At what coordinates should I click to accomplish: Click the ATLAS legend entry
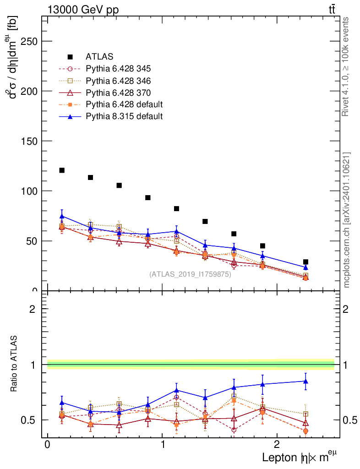tap(99, 57)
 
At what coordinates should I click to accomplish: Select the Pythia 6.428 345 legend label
tap(118, 69)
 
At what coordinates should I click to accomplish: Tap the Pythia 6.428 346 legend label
tap(118, 81)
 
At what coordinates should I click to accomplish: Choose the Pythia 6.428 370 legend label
tap(118, 93)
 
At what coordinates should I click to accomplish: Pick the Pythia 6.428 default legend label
tap(124, 105)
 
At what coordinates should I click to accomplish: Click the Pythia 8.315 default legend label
tap(124, 116)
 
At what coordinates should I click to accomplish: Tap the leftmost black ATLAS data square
tap(62, 170)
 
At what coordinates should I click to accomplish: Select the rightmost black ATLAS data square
tap(305, 262)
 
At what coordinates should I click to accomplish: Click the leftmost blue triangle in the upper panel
tap(62, 216)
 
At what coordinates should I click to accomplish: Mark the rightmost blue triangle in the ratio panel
tap(305, 381)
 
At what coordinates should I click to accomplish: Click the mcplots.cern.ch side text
tap(346, 220)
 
